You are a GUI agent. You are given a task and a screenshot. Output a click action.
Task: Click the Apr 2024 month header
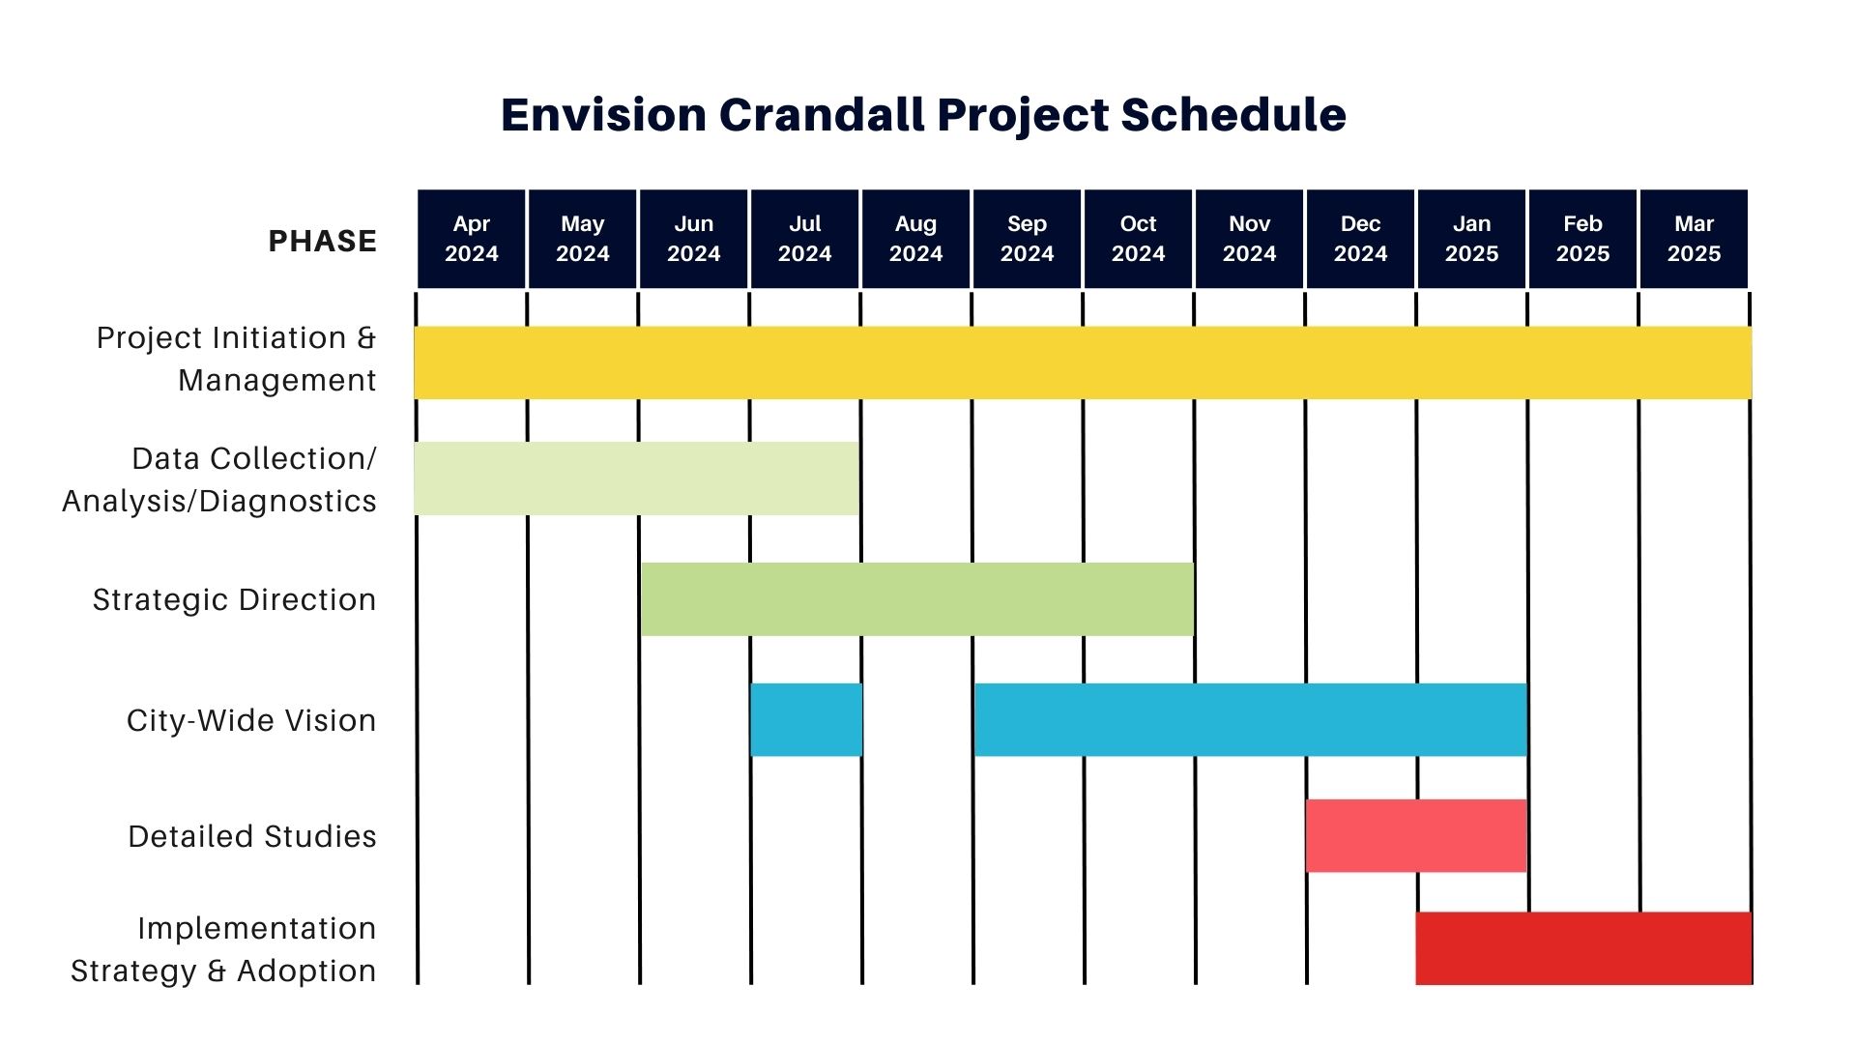click(471, 239)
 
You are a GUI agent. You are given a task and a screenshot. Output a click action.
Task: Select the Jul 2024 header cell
click(804, 239)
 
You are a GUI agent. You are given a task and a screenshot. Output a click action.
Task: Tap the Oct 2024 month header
click(1138, 239)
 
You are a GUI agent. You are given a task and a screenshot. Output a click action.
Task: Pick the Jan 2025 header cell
click(1471, 239)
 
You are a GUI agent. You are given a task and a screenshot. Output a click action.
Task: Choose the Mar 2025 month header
click(1694, 239)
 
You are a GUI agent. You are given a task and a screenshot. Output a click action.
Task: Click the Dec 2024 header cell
click(1360, 239)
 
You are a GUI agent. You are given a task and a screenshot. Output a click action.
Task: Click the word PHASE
click(322, 241)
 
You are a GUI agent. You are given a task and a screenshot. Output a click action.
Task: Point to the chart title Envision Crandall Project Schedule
click(923, 114)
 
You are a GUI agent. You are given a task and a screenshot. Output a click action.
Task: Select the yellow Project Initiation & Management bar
click(1083, 362)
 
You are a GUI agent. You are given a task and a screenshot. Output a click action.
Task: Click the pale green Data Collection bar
click(636, 478)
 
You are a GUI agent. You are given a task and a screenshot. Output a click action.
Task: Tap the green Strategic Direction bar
click(917, 599)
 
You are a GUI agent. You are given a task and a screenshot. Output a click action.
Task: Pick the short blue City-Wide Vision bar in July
click(806, 720)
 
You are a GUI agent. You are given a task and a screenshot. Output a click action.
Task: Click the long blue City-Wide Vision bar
click(1250, 720)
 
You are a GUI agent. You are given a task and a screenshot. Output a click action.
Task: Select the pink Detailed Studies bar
click(1416, 836)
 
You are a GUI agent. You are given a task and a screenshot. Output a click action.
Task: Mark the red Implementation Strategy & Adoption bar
click(1583, 948)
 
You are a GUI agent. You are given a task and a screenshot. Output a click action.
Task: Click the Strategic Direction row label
click(234, 600)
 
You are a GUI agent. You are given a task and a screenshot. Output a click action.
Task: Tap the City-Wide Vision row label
click(251, 721)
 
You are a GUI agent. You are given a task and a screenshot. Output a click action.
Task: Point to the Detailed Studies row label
click(252, 837)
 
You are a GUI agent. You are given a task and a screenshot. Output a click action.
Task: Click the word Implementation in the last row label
click(256, 929)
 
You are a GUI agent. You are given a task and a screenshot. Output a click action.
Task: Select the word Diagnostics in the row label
click(287, 502)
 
